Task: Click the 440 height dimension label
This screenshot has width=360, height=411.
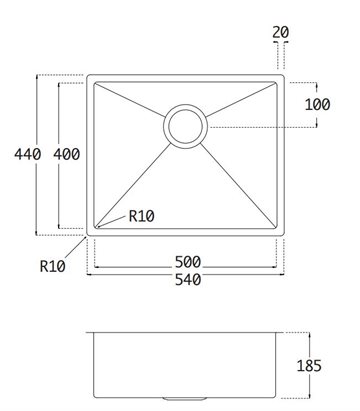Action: tap(28, 154)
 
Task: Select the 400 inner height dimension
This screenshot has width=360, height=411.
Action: tap(67, 154)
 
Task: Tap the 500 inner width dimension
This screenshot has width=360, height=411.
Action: tap(188, 262)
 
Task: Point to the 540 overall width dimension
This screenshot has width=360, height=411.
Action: tap(188, 280)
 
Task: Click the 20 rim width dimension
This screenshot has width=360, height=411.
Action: tap(281, 32)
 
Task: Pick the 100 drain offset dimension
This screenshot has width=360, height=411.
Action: tap(318, 104)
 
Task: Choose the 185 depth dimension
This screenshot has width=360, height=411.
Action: tap(309, 366)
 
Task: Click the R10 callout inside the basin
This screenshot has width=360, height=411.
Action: tap(142, 217)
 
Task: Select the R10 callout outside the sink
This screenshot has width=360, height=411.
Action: tap(53, 266)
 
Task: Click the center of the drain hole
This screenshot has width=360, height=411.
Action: tap(186, 127)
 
